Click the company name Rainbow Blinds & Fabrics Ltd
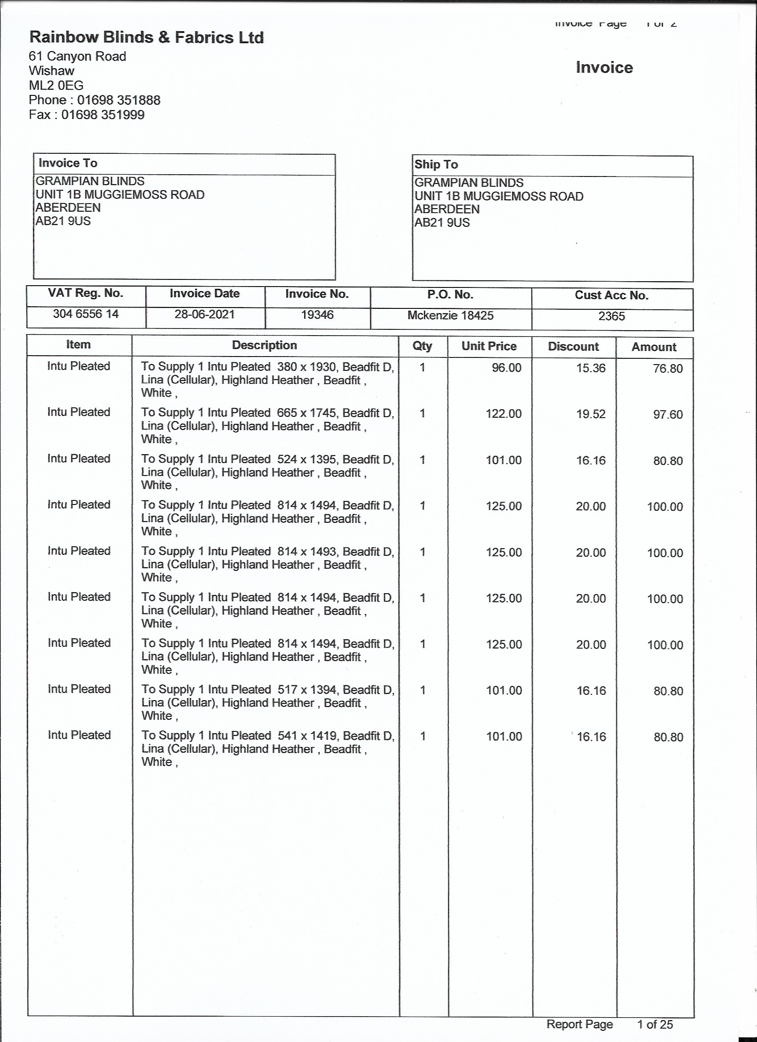pos(147,38)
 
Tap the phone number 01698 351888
pos(118,100)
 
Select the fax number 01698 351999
pos(103,115)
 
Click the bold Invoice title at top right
pos(604,68)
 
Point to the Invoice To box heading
pos(68,163)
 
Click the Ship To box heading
pos(436,164)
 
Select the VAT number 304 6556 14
pos(86,314)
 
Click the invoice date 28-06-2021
pos(204,315)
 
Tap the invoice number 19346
pos(317,315)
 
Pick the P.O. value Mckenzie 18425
pos(450,316)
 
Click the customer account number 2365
pos(611,316)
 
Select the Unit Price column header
pos(489,346)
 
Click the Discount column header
pos(574,346)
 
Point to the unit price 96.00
pos(506,368)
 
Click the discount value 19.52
pos(591,414)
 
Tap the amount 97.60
pos(668,414)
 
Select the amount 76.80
pos(668,369)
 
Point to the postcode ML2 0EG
pos(56,86)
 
